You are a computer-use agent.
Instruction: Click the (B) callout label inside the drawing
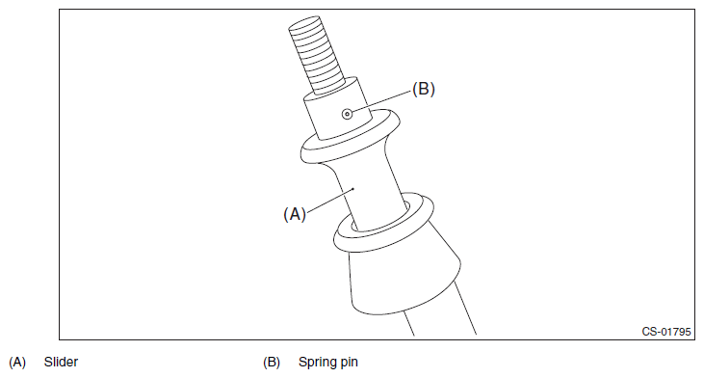coord(424,89)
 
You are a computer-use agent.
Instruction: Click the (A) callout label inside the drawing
coord(295,214)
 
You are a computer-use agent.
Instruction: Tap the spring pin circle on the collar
coord(347,114)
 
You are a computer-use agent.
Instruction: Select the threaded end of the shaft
coord(317,55)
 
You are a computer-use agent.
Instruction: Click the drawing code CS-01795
coord(666,332)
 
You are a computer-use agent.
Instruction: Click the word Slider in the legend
coord(61,362)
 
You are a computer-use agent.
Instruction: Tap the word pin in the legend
coord(348,363)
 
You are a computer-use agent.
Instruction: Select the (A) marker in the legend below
coord(17,363)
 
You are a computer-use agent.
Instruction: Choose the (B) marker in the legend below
coord(272,363)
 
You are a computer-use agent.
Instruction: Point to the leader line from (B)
coord(382,102)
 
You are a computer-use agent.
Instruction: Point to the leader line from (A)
coord(330,200)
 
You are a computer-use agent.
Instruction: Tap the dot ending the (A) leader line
coord(353,189)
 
